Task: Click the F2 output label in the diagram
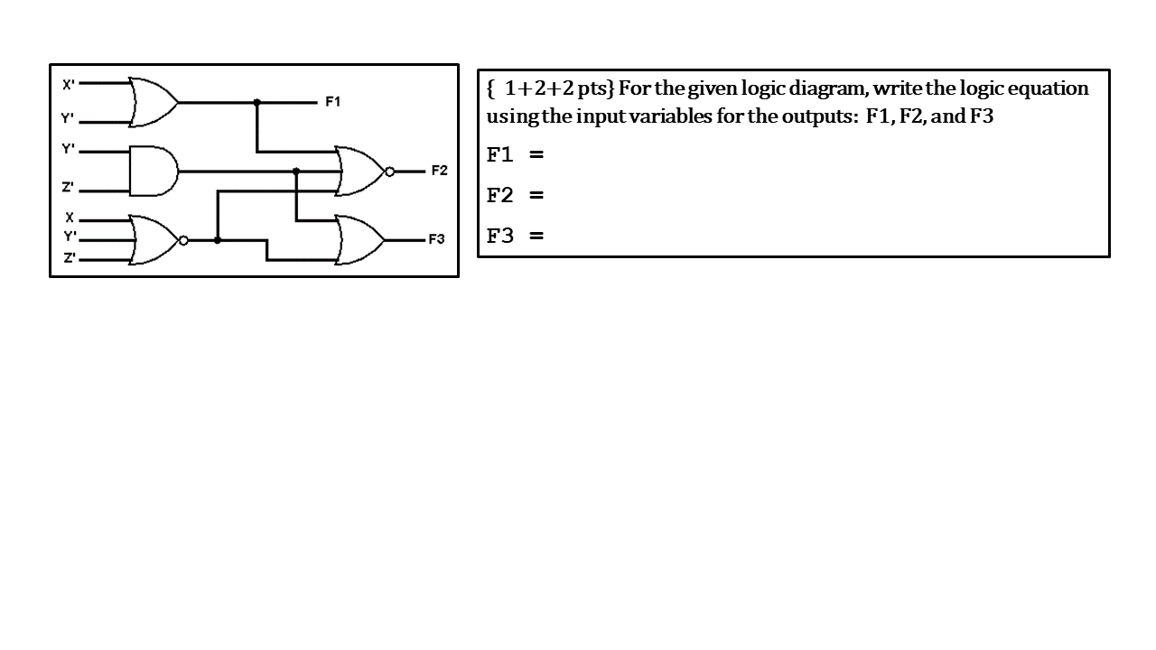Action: click(439, 171)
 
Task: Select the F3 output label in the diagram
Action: click(436, 240)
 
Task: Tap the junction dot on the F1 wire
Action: click(257, 102)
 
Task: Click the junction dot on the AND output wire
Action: click(296, 171)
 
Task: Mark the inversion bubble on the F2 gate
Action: click(389, 171)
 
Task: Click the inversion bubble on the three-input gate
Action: click(182, 240)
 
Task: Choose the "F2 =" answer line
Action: click(515, 195)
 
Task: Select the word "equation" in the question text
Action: click(1049, 88)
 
